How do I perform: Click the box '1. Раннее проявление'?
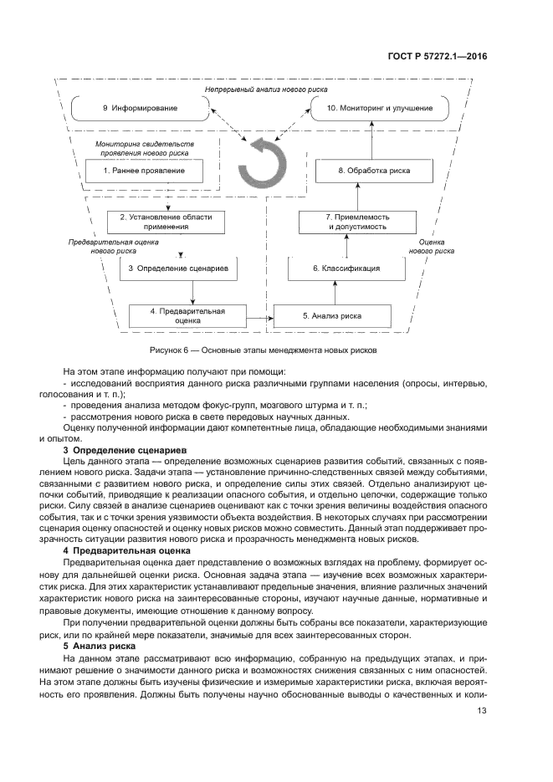pos(143,171)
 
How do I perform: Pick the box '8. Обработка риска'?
pos(361,171)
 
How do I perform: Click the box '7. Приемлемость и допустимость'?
pos(357,222)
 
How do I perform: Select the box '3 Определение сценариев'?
pos(179,268)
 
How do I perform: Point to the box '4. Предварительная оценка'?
pos(187,315)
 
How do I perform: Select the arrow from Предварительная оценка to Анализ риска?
pos(261,317)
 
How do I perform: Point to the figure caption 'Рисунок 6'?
pos(264,350)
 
